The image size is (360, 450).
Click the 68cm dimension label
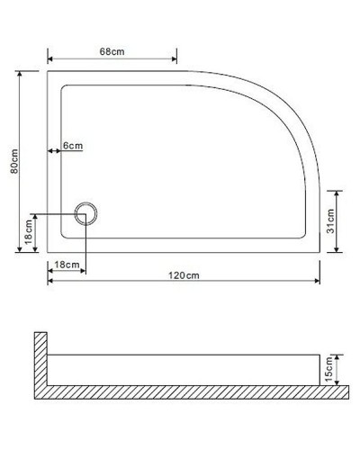111,52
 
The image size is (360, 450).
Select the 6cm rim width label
72,146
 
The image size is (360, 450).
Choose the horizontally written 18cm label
66,264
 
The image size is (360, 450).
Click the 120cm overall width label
185,274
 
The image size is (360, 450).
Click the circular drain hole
85,214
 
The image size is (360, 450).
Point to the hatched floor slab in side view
193,391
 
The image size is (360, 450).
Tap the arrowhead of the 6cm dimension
49,151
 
